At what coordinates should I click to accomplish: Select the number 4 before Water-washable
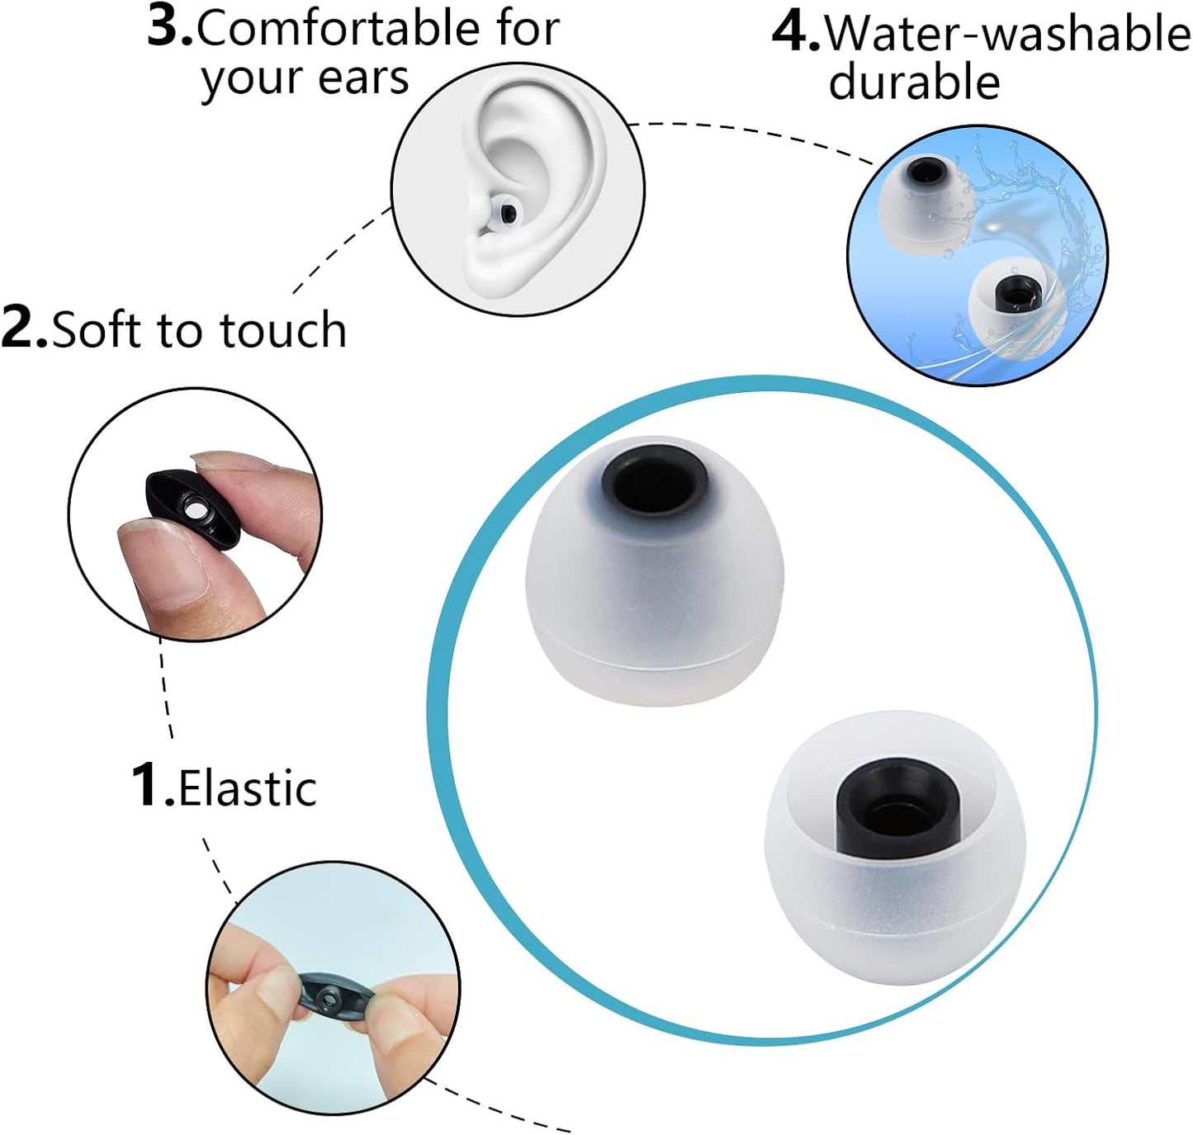795,34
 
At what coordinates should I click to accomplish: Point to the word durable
914,83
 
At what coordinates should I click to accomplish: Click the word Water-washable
1007,35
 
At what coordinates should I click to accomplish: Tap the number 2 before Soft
23,329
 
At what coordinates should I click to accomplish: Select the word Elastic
248,788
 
